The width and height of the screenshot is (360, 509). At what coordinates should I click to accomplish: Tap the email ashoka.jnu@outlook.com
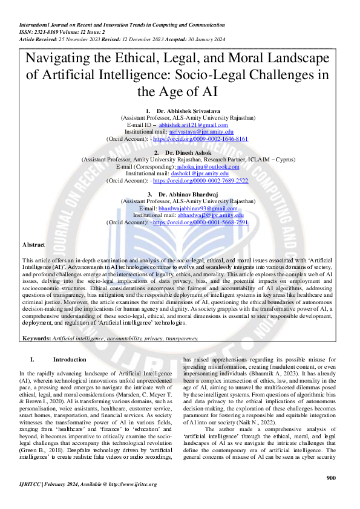(208, 166)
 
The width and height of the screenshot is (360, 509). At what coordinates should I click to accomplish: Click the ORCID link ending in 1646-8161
(201, 138)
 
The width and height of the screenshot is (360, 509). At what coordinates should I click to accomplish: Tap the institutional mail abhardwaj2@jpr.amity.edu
(211, 215)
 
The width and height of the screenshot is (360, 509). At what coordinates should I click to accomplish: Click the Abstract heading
(33, 261)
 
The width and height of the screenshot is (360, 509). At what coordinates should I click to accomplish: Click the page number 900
(331, 478)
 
